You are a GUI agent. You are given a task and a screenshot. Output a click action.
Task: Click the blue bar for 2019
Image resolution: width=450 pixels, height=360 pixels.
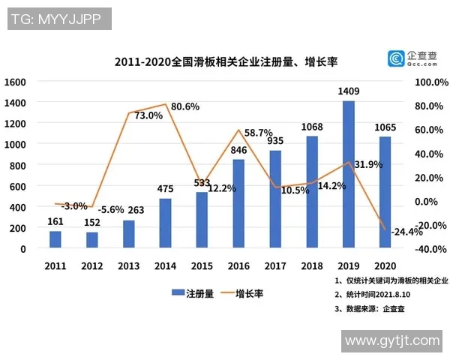[x=348, y=174]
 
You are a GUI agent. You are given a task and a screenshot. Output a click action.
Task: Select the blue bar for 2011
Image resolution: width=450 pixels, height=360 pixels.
[x=55, y=239]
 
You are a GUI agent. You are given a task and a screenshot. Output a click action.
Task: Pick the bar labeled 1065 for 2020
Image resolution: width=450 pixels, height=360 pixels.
[x=385, y=192]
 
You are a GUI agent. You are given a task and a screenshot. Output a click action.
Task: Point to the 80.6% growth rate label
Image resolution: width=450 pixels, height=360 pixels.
[x=184, y=106]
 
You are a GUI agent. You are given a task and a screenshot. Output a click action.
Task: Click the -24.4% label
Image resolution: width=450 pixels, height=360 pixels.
[x=408, y=231]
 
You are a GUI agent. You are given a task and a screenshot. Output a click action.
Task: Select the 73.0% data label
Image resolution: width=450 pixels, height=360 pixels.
[x=148, y=115]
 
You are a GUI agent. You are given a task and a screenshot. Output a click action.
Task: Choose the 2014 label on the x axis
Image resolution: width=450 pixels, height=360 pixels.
[x=165, y=265]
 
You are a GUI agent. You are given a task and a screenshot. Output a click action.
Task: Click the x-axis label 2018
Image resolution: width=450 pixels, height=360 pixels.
[x=312, y=265]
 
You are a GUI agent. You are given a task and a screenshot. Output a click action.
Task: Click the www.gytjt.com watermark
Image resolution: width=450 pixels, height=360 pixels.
[x=392, y=341]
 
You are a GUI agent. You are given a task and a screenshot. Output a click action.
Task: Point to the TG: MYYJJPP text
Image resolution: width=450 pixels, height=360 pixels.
[x=57, y=19]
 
